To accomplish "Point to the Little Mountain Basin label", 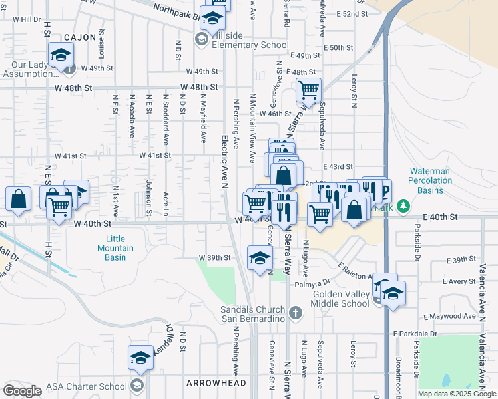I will [x=120, y=248].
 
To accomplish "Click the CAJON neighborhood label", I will [x=81, y=37].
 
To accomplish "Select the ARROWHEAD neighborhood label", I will [x=216, y=383].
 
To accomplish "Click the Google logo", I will [x=22, y=391].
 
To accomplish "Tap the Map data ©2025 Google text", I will [x=456, y=394].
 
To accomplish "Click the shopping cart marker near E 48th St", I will [x=308, y=89].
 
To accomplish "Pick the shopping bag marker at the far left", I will [x=19, y=198].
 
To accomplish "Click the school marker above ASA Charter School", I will [x=140, y=358].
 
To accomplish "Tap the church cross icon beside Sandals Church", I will [x=296, y=311].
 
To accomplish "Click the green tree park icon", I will [x=403, y=206].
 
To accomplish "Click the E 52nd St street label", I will [x=352, y=13].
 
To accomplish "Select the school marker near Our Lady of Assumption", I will [x=61, y=55].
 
